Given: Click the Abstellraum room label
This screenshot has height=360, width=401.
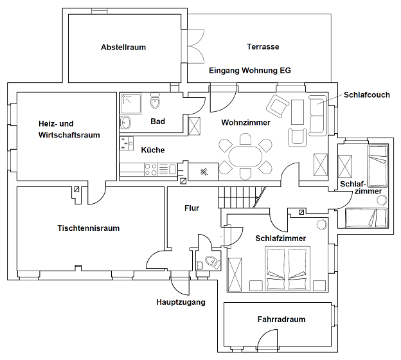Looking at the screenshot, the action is point(123,48).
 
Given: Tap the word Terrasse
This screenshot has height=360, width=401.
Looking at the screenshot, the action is point(263,46).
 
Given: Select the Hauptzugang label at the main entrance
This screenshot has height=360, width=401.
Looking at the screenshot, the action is point(181,302).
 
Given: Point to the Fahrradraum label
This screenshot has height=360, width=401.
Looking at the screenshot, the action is point(281,319).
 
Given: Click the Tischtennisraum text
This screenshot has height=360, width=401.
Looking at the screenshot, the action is point(89,228).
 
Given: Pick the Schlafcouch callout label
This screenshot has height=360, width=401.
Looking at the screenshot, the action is point(367,95).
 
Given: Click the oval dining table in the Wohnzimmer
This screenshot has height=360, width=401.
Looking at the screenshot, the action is point(245,157).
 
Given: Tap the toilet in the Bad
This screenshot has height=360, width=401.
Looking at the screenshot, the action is point(156,101).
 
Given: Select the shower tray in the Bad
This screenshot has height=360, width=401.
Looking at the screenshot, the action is point(130,104).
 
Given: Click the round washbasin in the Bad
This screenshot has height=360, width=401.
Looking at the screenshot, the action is point(125,123).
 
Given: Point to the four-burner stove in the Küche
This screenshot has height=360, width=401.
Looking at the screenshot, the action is point(150,169).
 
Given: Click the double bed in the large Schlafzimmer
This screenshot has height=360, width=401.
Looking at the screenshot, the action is point(287,269).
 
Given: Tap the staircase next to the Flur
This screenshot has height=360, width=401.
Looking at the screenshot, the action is point(242,197).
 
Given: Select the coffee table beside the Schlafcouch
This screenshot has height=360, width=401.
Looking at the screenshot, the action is point(298,112).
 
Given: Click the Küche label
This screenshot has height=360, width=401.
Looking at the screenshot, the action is point(153,150).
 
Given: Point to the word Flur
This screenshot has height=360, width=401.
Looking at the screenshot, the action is point(192,208).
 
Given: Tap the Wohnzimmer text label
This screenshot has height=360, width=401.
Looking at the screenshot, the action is point(245,123).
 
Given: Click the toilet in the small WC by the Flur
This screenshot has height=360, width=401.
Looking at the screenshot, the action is point(213,262).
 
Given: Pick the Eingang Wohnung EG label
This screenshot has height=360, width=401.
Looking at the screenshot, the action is point(250,71).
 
